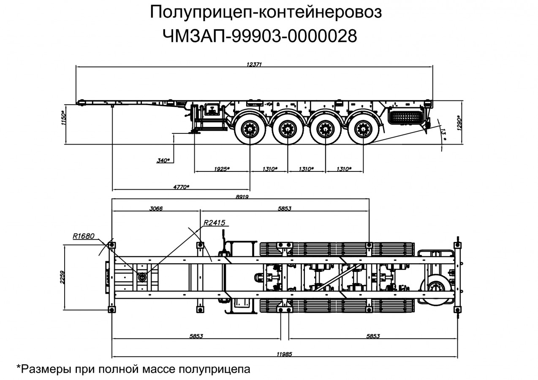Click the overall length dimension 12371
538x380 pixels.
(255, 64)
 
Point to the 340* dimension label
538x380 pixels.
(163, 160)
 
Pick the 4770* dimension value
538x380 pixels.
(181, 187)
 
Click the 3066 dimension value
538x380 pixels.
(156, 208)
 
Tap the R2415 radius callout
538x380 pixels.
(215, 223)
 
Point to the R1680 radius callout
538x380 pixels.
(84, 236)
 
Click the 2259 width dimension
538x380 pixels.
(62, 277)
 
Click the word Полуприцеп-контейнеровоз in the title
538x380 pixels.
(266, 12)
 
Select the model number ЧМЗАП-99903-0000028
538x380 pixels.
(259, 37)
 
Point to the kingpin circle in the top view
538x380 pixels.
(142, 277)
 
